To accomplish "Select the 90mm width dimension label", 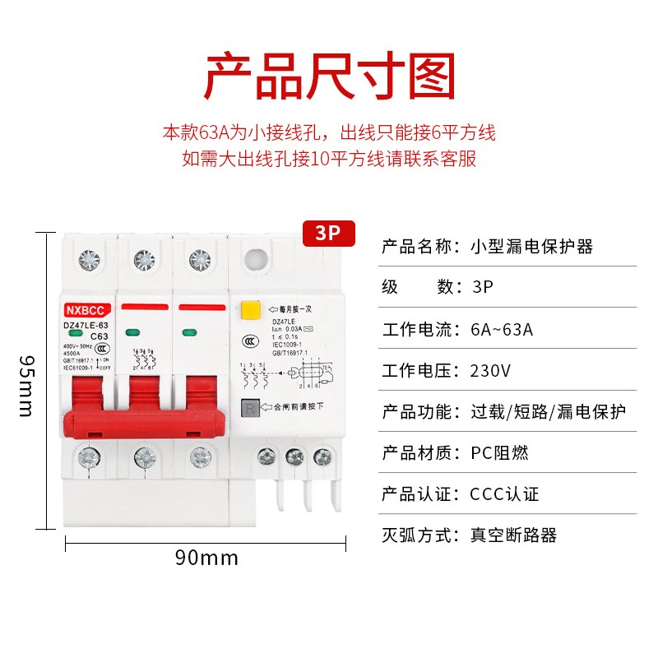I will pyautogui.click(x=206, y=558).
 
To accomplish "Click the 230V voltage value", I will pyautogui.click(x=490, y=370).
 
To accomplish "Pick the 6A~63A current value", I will pyautogui.click(x=502, y=330).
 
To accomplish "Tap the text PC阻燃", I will pyautogui.click(x=499, y=452).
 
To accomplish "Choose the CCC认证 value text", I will pyautogui.click(x=505, y=494).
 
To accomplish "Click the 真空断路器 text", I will pyautogui.click(x=513, y=535).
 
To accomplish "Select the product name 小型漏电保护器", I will pyautogui.click(x=531, y=246).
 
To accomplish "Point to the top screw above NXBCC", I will pyautogui.click(x=87, y=260).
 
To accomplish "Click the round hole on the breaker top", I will pyautogui.click(x=255, y=257).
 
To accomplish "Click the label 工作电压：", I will pyautogui.click(x=420, y=370).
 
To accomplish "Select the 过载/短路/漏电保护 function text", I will pyautogui.click(x=548, y=411).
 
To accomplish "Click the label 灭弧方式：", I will pyautogui.click(x=420, y=535).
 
